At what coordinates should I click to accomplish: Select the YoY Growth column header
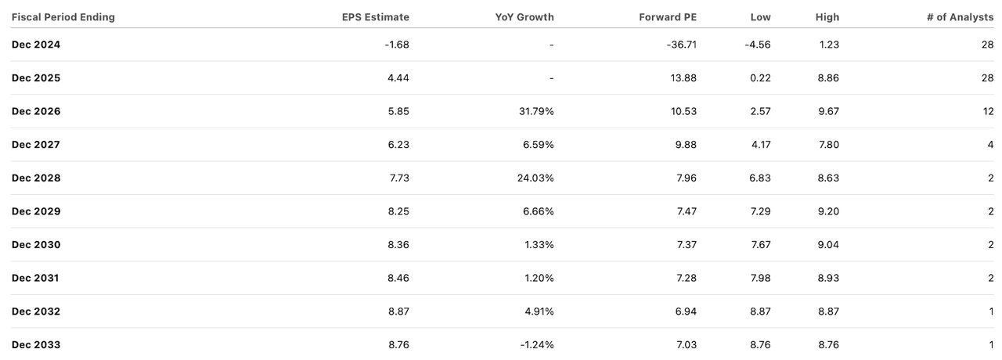pyautogui.click(x=524, y=17)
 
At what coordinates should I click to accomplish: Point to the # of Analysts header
pyautogui.click(x=960, y=17)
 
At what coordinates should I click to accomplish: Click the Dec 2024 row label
pyautogui.click(x=36, y=45)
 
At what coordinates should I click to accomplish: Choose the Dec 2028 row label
pyautogui.click(x=36, y=178)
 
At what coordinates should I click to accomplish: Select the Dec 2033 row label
pyautogui.click(x=36, y=344)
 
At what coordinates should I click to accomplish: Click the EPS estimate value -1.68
pyautogui.click(x=396, y=45)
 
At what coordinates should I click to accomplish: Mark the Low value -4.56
pyautogui.click(x=758, y=45)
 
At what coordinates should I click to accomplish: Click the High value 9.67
pyautogui.click(x=827, y=111)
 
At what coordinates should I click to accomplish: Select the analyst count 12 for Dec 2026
pyautogui.click(x=987, y=111)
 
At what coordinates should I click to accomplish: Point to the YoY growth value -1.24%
pyautogui.click(x=536, y=344)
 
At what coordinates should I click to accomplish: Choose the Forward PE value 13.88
pyautogui.click(x=683, y=78)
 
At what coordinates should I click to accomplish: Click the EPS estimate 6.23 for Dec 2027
pyautogui.click(x=398, y=145)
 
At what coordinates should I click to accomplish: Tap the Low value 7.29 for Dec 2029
pyautogui.click(x=759, y=211)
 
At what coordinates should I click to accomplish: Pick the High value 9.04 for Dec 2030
pyautogui.click(x=827, y=245)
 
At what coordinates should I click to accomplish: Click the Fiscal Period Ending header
pyautogui.click(x=63, y=17)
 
